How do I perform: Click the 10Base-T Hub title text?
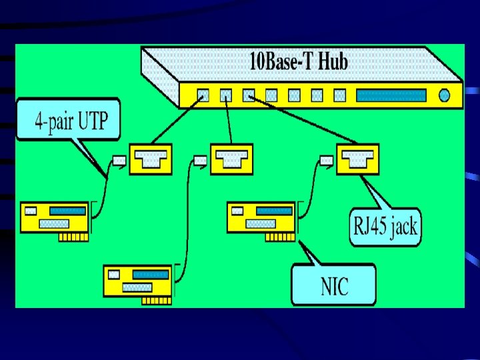(x=298, y=63)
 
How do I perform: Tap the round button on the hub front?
(x=445, y=96)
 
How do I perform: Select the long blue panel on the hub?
(x=391, y=96)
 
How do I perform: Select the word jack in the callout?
(x=403, y=227)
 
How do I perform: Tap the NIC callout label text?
(x=334, y=286)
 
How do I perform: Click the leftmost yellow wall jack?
(x=151, y=159)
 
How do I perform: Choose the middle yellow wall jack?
(x=231, y=159)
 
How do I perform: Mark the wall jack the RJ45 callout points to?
(x=357, y=159)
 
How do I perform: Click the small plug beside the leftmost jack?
(x=119, y=160)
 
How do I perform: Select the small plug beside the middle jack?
(x=200, y=160)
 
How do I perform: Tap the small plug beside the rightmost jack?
(x=326, y=160)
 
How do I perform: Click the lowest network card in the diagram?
(x=138, y=282)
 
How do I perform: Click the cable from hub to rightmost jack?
(x=300, y=121)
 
